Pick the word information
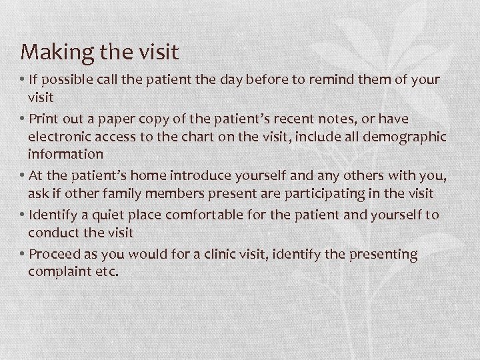(65, 154)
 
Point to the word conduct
(52, 233)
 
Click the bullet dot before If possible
(23, 80)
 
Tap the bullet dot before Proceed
(23, 255)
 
